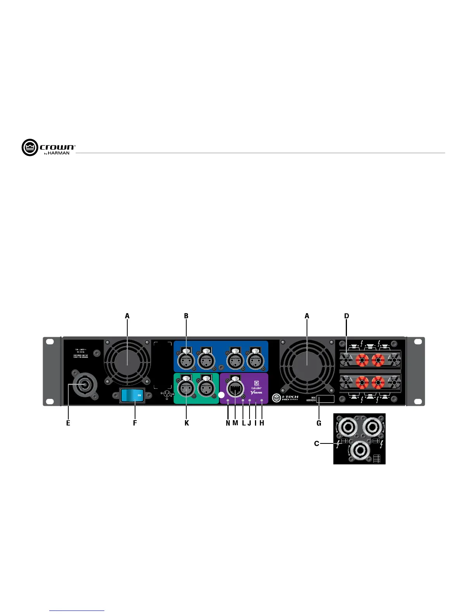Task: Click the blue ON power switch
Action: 132,395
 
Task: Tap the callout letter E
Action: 68,423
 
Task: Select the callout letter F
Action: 135,423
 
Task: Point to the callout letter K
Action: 187,423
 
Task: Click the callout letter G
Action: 319,423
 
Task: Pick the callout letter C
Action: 317,443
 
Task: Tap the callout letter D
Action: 347,316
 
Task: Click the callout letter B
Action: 186,316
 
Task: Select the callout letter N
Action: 228,423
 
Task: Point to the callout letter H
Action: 262,423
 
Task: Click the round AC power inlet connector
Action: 83,385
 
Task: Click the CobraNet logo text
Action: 257,388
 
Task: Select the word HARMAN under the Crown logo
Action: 59,153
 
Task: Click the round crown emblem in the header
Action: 30,147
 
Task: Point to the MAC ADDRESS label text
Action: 311,399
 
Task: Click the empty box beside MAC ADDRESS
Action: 326,399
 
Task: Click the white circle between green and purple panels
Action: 221,395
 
